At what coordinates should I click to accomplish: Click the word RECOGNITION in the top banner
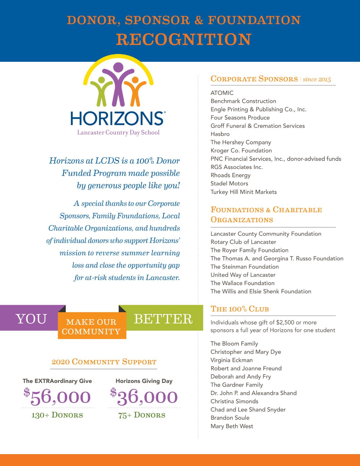click(184, 39)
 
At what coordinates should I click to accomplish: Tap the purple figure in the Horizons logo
click(118, 84)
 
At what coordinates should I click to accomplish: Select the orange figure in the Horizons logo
click(135, 90)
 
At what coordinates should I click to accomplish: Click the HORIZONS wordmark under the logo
click(117, 118)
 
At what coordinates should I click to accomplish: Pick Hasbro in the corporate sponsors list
click(220, 134)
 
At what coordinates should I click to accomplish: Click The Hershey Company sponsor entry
click(241, 142)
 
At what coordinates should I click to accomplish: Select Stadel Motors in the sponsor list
click(229, 183)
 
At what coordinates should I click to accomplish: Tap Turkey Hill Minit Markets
click(244, 192)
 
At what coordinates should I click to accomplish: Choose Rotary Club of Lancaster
click(243, 242)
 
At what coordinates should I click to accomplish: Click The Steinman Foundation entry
click(244, 267)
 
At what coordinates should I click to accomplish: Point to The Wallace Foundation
click(242, 283)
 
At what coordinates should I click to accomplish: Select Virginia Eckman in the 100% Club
click(231, 360)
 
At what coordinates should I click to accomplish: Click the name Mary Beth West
click(232, 426)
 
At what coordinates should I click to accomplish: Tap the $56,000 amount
click(57, 397)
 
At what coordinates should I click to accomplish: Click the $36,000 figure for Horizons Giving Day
click(144, 397)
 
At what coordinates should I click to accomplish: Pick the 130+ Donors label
click(57, 415)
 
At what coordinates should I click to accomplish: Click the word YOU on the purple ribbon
click(31, 319)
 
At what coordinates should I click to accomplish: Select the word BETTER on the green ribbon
click(163, 319)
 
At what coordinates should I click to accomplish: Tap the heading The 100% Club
click(240, 309)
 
